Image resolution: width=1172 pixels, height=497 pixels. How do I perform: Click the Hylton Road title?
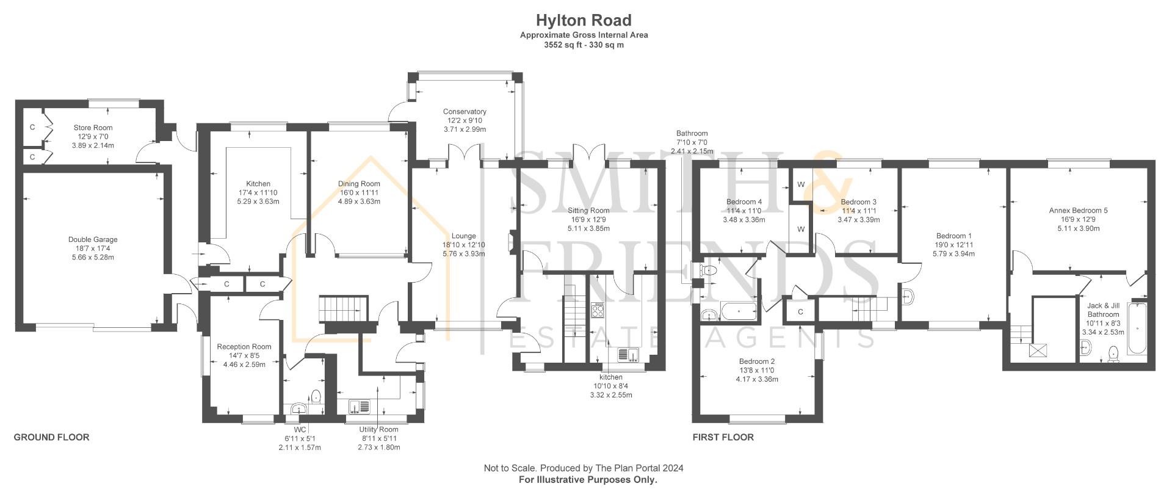point(584,21)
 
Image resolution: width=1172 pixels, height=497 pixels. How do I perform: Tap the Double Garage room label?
point(93,240)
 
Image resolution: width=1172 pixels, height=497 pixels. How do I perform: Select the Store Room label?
point(93,128)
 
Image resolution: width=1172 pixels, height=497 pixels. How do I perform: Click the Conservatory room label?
point(465,112)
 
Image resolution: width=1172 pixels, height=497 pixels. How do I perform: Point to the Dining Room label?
point(359,184)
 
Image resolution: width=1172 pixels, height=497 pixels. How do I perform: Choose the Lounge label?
point(463,236)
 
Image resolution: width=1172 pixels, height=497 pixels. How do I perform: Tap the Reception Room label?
point(244,347)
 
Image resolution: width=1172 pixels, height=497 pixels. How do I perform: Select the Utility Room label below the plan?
point(378,430)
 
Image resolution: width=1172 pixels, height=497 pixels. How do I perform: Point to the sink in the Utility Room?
point(360,405)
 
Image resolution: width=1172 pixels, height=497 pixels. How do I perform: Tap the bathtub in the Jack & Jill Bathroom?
point(1137,330)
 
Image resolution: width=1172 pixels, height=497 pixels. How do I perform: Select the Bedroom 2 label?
point(756,361)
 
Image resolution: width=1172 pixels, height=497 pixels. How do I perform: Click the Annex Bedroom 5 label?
point(1078,211)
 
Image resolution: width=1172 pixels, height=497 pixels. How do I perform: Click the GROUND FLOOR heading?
point(51,437)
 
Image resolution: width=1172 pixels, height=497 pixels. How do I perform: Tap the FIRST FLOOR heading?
point(723,437)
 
